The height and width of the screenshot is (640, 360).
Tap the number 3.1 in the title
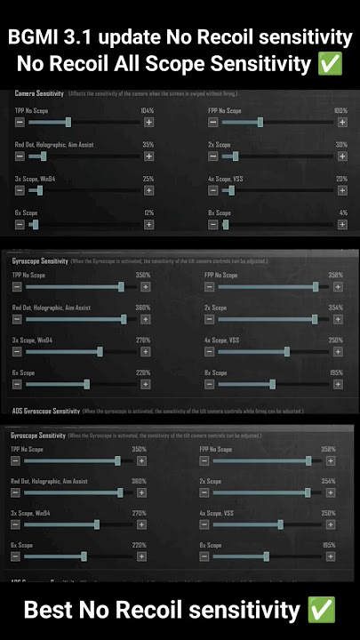83,38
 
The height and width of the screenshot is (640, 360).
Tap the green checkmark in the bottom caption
321,610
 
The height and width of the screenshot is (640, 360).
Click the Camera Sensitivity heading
39,93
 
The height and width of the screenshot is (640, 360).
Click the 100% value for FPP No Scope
340,110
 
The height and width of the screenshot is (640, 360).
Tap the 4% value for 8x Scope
343,213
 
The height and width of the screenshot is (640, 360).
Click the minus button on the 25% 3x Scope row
20,190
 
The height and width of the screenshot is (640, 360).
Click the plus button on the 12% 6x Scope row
148,225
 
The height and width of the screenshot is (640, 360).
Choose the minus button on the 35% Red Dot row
20,156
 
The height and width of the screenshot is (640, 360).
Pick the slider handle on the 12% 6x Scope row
35,225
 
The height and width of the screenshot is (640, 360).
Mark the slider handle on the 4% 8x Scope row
226,225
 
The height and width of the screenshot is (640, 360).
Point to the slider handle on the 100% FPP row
260,122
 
